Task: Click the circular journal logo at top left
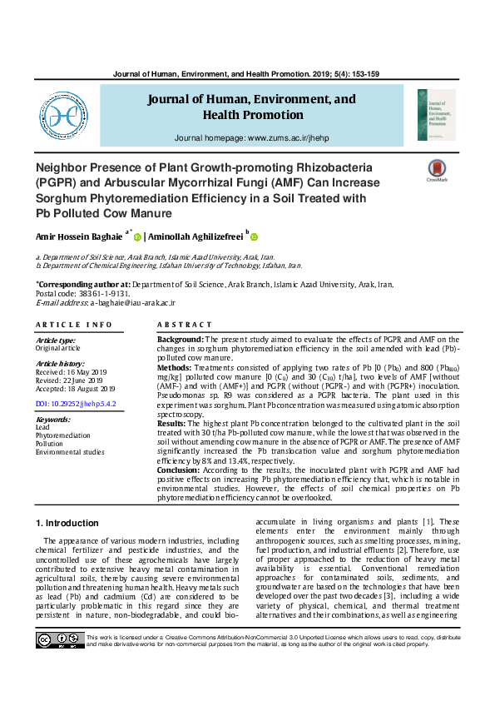coord(63,117)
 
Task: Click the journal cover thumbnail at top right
coord(437,115)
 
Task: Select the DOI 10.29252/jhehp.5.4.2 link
coord(76,403)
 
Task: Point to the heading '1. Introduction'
coord(67,523)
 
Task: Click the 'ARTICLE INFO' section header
coord(74,325)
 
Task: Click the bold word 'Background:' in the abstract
coord(180,340)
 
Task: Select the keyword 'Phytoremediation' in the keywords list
coord(63,435)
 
